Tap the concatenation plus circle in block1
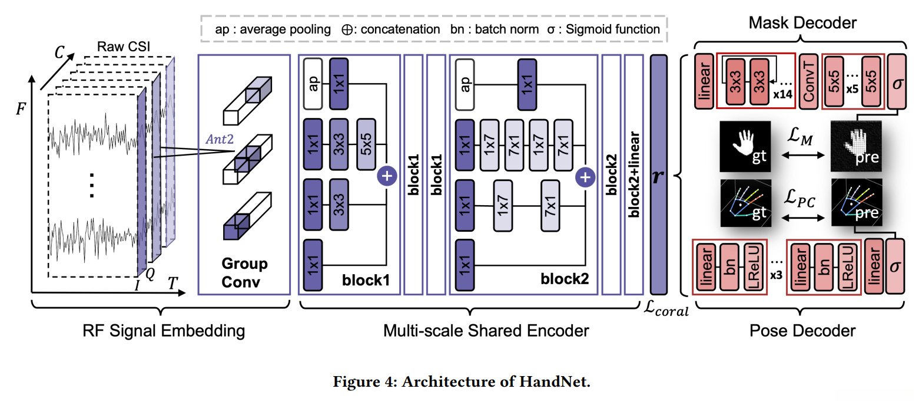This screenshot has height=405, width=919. [x=387, y=175]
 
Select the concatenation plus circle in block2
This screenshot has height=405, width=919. [x=585, y=175]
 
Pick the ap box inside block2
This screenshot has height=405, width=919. [x=465, y=84]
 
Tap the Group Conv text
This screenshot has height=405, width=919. [x=244, y=273]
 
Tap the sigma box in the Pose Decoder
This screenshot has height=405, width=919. [x=895, y=265]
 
